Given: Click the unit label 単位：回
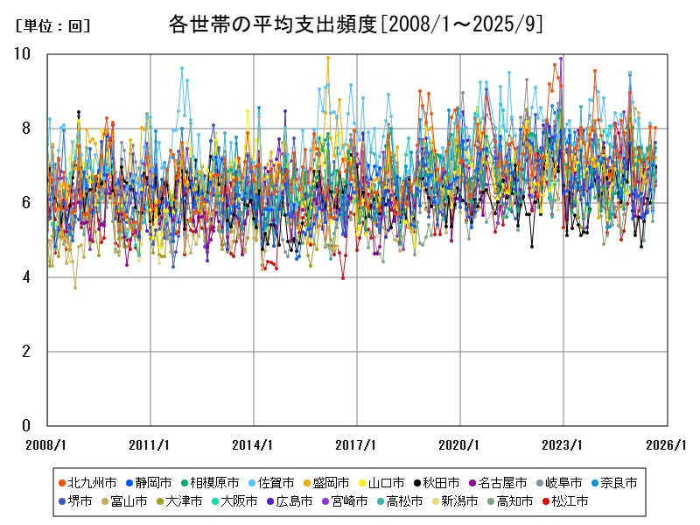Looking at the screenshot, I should tap(52, 26).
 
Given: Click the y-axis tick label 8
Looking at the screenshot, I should tap(26, 129).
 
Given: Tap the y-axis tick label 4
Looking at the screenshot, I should tap(26, 277).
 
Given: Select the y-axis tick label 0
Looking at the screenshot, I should tap(26, 426).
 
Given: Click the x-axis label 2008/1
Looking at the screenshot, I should tap(47, 444).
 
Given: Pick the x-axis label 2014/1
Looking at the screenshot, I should tap(254, 444).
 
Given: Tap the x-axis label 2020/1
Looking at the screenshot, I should tap(460, 444).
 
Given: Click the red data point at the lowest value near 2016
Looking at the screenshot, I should tap(343, 277).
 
